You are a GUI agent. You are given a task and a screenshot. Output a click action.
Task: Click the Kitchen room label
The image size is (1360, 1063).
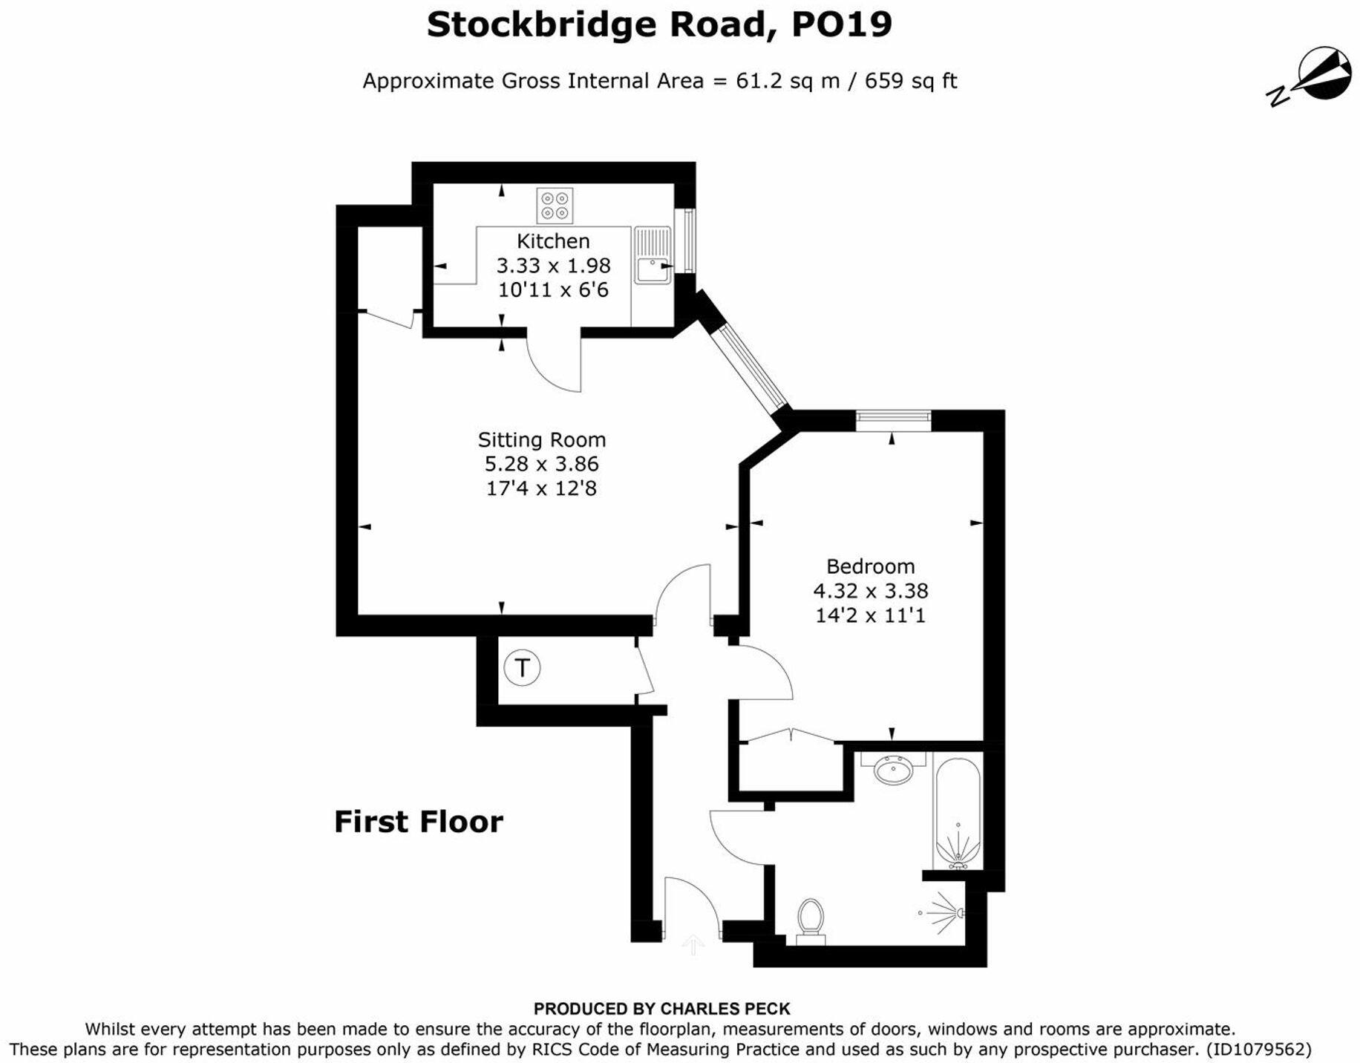[553, 241]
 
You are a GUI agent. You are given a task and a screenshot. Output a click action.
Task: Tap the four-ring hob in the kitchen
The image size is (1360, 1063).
[555, 206]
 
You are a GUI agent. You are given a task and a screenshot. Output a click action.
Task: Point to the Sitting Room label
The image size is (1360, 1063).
[542, 439]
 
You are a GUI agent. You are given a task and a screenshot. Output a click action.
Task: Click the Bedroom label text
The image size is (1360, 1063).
[870, 566]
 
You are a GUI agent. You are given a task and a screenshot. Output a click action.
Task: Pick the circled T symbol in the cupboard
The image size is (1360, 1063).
[522, 667]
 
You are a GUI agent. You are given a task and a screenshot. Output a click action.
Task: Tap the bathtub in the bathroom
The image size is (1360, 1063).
[958, 813]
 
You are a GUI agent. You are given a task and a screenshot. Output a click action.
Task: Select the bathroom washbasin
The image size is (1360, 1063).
[893, 770]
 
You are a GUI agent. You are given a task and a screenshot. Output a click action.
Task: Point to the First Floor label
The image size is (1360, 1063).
[419, 822]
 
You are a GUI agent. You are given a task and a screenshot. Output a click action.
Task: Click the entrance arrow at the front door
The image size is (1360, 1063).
[693, 944]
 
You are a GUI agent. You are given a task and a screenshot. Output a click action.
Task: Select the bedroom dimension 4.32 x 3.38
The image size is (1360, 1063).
[870, 591]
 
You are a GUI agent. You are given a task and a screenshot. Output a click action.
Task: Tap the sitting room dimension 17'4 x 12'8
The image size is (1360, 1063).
[541, 488]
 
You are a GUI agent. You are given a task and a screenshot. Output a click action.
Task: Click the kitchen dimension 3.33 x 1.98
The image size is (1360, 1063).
[553, 266]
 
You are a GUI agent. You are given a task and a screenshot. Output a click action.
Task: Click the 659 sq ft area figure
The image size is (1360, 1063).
[910, 80]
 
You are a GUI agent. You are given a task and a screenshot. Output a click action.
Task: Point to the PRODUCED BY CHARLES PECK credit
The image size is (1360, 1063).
[661, 1009]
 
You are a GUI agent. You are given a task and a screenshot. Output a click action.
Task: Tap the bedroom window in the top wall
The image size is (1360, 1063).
[893, 420]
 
